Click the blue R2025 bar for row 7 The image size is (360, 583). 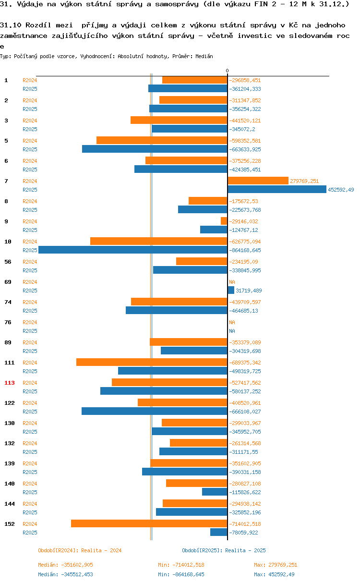pyautogui.click(x=277, y=189)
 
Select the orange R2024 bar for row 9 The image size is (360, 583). pyautogui.click(x=224, y=221)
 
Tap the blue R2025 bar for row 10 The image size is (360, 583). pyautogui.click(x=133, y=250)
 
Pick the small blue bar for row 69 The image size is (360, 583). pyautogui.click(x=231, y=290)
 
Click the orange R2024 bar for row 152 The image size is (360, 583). pyautogui.click(x=149, y=523)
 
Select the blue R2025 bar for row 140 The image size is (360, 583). pyautogui.click(x=215, y=492)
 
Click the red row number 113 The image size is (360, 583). pyautogui.click(x=10, y=383)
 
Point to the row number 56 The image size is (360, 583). pyautogui.click(x=8, y=262)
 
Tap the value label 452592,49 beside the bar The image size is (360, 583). pyautogui.click(x=341, y=190)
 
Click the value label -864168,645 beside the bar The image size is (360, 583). pyautogui.click(x=245, y=250)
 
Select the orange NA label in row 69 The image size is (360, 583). pyautogui.click(x=232, y=282)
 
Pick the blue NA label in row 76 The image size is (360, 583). pyautogui.click(x=232, y=331)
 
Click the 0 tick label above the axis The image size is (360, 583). pyautogui.click(x=227, y=71)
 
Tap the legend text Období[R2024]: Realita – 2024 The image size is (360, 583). pyautogui.click(x=80, y=550)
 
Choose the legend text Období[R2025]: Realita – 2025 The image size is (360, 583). pyautogui.click(x=224, y=550)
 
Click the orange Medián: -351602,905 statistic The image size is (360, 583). pyautogui.click(x=65, y=565)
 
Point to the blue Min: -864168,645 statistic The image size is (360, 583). pyautogui.click(x=181, y=574)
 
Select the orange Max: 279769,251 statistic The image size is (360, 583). pyautogui.click(x=276, y=565)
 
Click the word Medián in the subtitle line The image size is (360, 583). pyautogui.click(x=204, y=56)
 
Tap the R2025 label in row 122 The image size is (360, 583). pyautogui.click(x=30, y=412)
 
